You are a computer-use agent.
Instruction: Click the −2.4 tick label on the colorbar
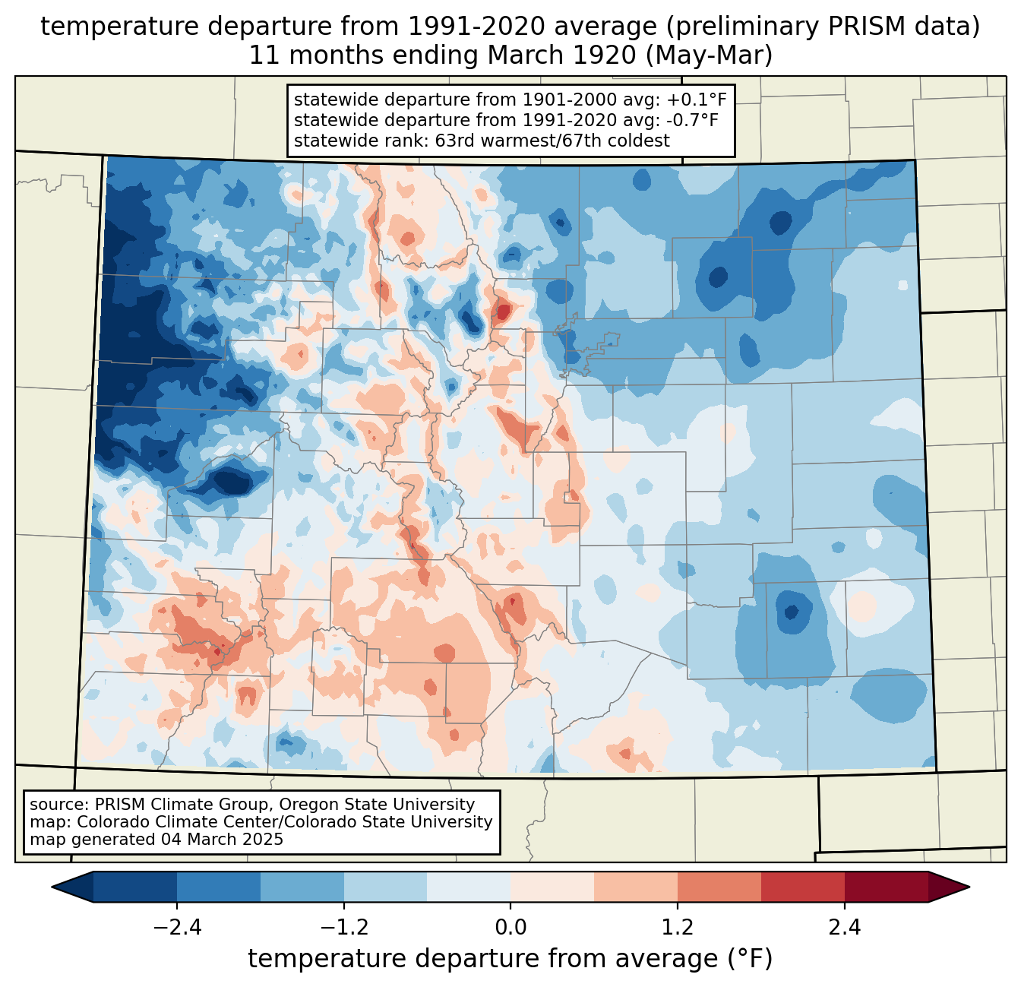tap(177, 928)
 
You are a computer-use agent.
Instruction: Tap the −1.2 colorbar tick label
tap(344, 928)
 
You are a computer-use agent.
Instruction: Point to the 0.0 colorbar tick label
tap(510, 928)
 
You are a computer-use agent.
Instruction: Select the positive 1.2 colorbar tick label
tap(678, 928)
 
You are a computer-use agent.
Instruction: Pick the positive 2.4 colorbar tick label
tap(844, 928)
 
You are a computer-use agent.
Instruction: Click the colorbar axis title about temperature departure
tap(510, 959)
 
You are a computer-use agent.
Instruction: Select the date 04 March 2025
tap(222, 840)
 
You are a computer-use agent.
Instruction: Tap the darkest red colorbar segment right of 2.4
tap(886, 887)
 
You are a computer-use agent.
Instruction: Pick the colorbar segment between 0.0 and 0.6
tap(552, 887)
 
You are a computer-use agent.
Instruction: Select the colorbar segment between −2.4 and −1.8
tap(219, 887)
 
